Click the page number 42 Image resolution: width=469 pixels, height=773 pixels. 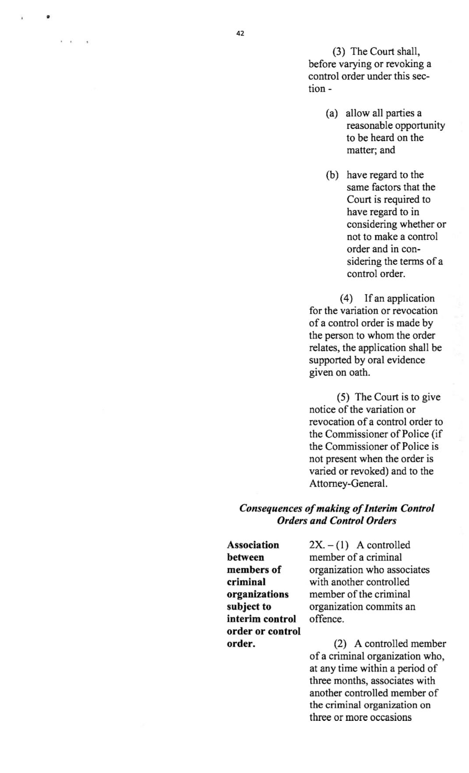point(240,33)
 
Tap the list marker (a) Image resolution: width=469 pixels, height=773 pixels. point(332,113)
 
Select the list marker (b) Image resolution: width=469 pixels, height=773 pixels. point(332,175)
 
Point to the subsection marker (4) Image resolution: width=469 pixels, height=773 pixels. point(346,299)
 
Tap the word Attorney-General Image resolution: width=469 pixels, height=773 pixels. point(348,484)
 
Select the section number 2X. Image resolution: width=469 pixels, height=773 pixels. point(317,545)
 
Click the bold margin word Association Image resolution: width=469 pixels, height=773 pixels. point(253,545)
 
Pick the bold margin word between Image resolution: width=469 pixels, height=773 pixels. point(245,557)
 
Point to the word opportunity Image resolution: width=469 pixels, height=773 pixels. point(420,126)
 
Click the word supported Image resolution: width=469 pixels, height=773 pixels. point(331,360)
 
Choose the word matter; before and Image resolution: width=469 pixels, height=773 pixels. point(362,150)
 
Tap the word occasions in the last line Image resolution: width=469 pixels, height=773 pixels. point(391,717)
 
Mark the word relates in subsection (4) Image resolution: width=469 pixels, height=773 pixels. point(323,348)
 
